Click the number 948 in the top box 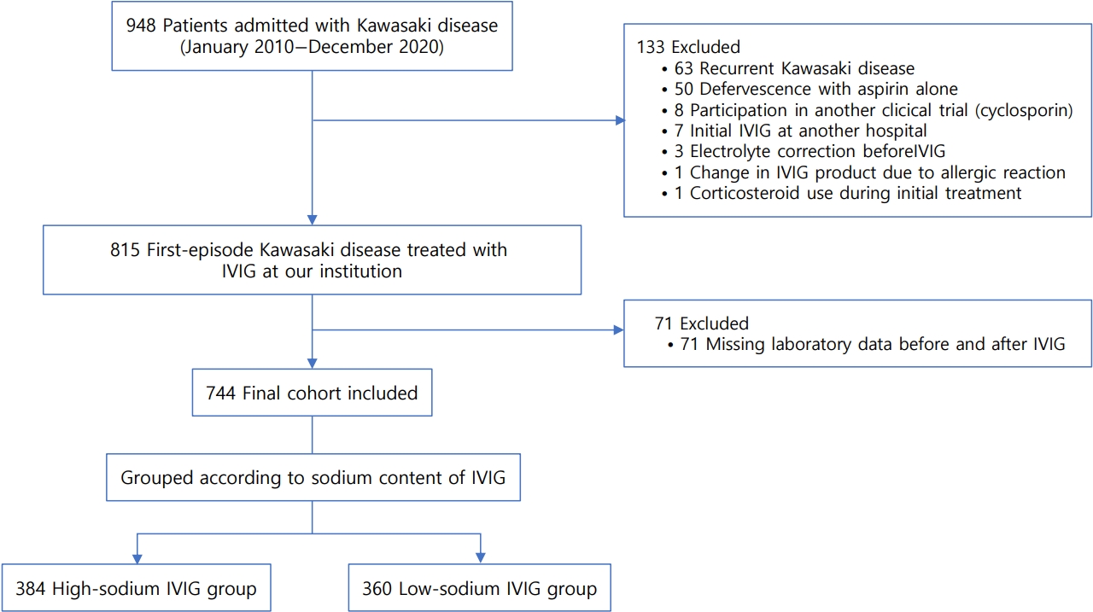tap(141, 26)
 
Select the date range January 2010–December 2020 tap(313, 47)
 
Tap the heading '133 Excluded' tap(688, 47)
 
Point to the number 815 tap(125, 250)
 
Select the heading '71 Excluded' tap(702, 323)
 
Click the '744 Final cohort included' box tap(313, 393)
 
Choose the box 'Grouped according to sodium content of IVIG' tap(313, 477)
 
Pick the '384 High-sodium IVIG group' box tap(136, 588)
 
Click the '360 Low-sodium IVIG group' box tap(480, 588)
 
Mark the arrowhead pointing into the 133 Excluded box tap(620, 120)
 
